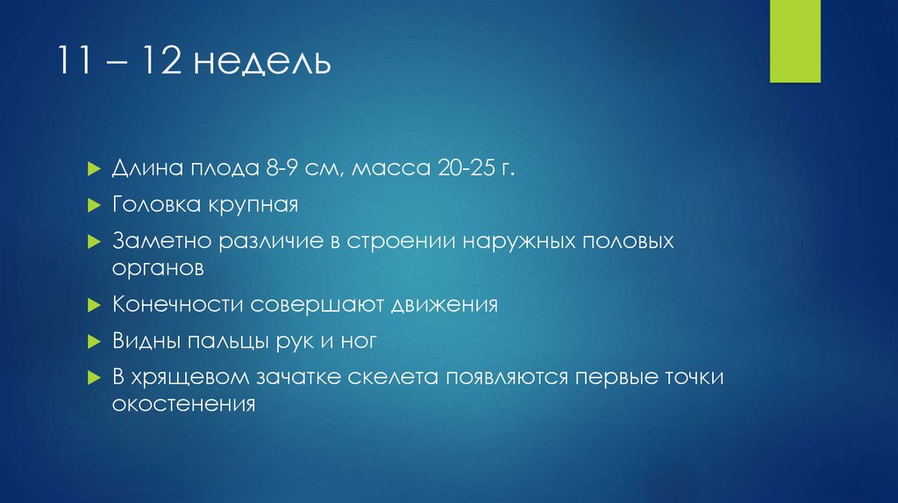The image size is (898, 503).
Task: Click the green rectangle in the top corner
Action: (x=795, y=41)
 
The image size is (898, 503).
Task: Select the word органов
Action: (x=158, y=267)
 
